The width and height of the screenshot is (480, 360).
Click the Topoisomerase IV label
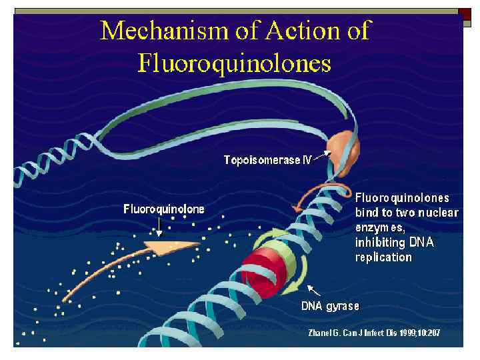pyautogui.click(x=267, y=161)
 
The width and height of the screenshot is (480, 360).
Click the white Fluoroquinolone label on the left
pyautogui.click(x=164, y=209)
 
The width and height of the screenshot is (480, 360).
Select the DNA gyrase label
pyautogui.click(x=330, y=307)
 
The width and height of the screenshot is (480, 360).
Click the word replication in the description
pyautogui.click(x=383, y=257)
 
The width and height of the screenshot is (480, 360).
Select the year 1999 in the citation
pyautogui.click(x=413, y=331)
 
